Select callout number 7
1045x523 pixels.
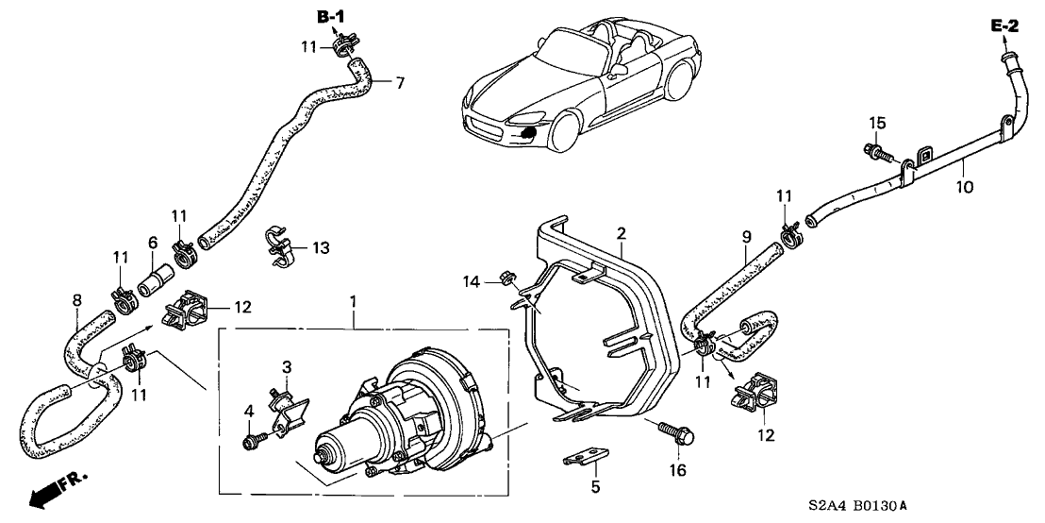pyautogui.click(x=399, y=83)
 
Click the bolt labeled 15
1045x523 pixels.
pyautogui.click(x=874, y=150)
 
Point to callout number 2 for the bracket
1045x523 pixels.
pyautogui.click(x=621, y=232)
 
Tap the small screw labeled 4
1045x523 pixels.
pyautogui.click(x=252, y=439)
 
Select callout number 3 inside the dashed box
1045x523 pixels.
pyautogui.click(x=287, y=365)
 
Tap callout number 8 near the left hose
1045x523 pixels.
pyautogui.click(x=76, y=303)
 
